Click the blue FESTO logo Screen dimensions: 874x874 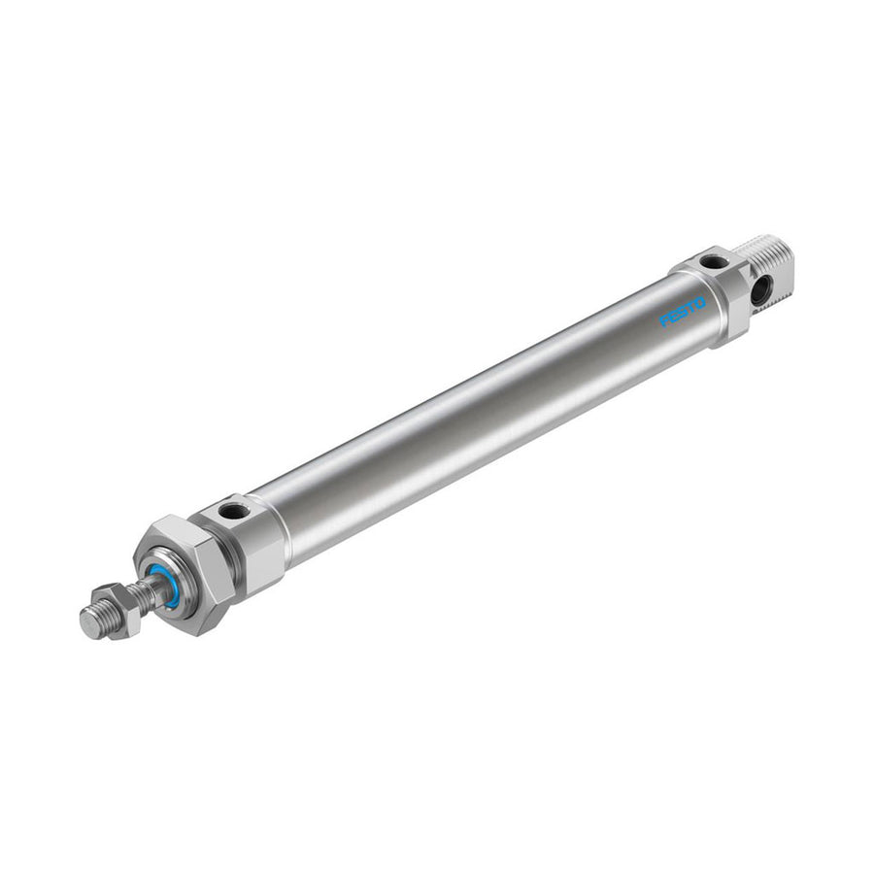coord(683,312)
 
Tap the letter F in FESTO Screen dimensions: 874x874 coord(664,321)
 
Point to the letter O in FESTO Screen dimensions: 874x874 coord(700,303)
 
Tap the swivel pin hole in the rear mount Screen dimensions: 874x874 coord(759,289)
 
